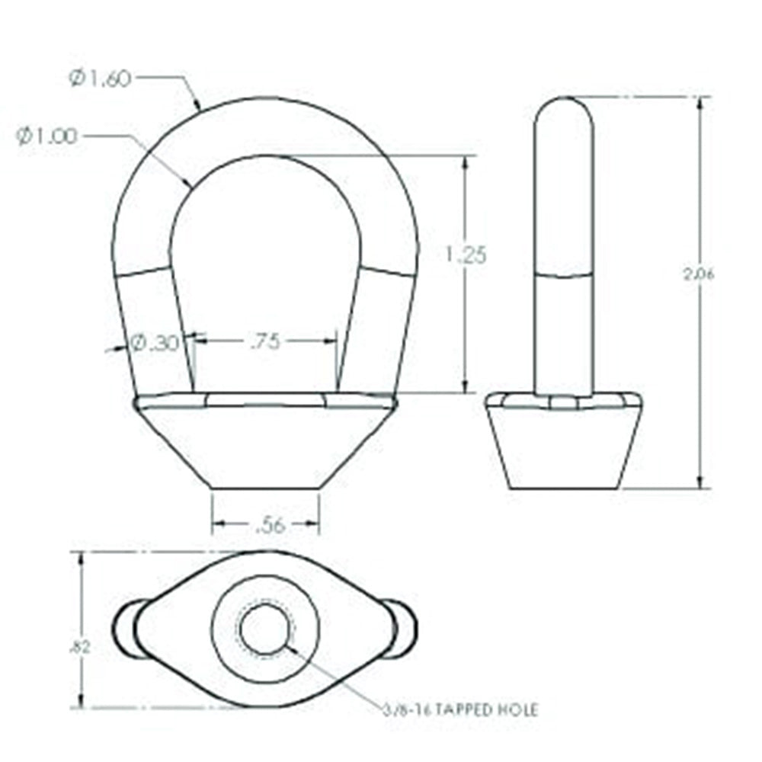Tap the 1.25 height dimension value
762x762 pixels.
tap(465, 255)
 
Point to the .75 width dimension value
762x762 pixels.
tap(264, 341)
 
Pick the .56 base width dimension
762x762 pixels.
tap(266, 523)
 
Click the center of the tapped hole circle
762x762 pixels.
tap(266, 631)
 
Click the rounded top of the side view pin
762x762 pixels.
tap(564, 110)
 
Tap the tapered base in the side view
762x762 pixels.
tap(562, 450)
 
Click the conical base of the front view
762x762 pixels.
tap(265, 446)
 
